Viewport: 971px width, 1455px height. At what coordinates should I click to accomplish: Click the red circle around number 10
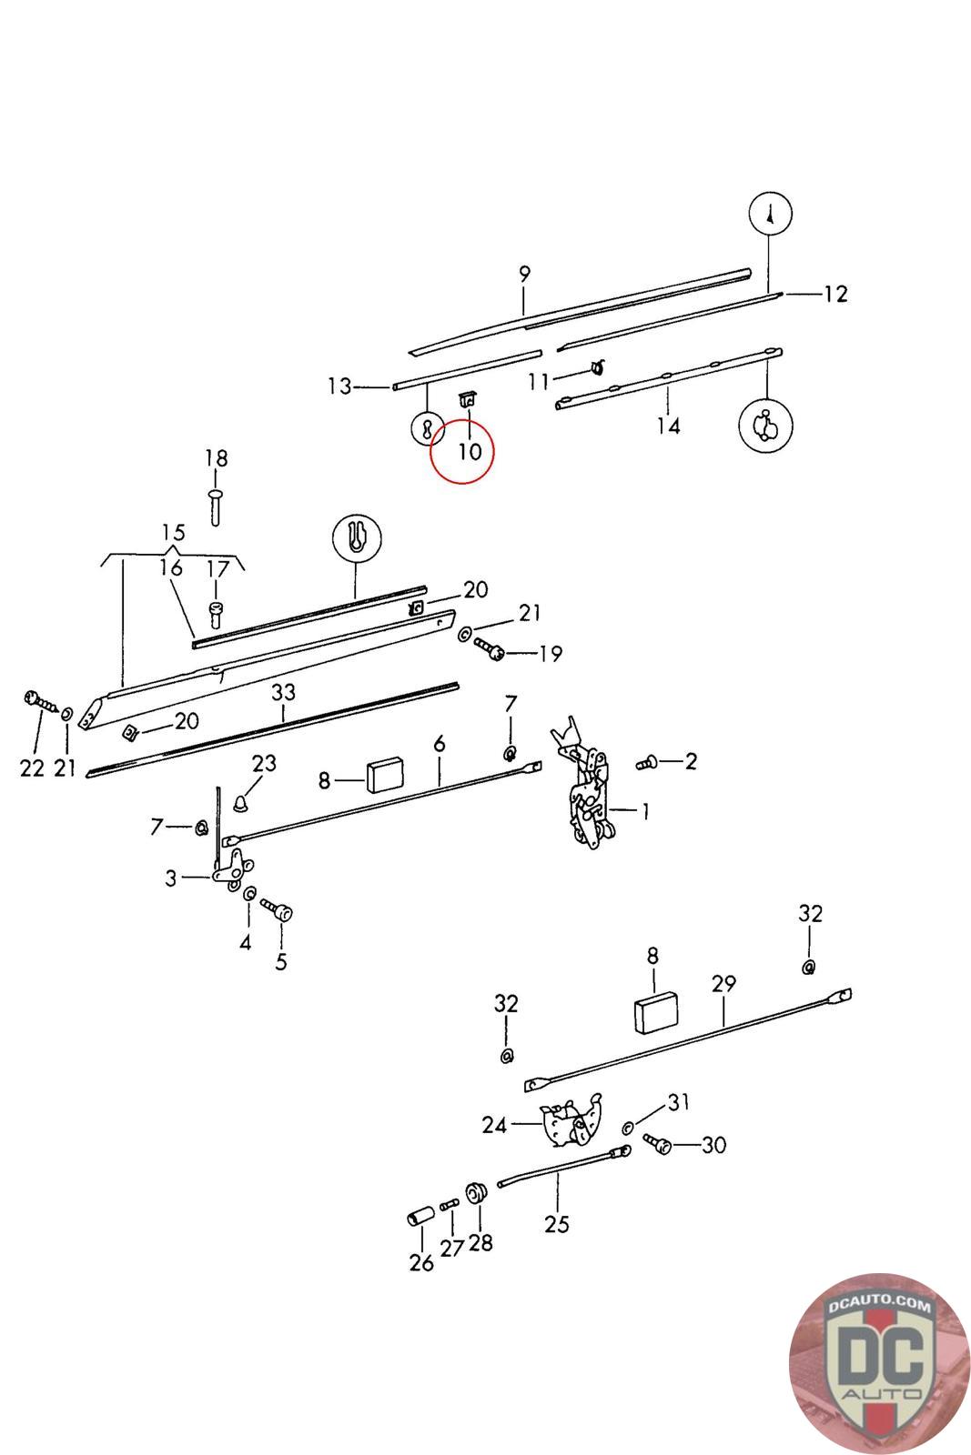click(461, 452)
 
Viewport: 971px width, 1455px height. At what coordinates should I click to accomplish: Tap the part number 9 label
click(524, 274)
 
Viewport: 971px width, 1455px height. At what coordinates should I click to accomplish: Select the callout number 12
click(835, 294)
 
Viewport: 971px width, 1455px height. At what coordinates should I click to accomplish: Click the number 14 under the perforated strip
click(669, 426)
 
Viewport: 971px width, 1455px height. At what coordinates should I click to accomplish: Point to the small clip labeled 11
click(597, 368)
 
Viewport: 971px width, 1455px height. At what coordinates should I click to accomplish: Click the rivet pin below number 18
click(216, 506)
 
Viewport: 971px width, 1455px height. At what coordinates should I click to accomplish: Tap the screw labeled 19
click(491, 648)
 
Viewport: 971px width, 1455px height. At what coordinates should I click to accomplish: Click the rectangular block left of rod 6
click(385, 776)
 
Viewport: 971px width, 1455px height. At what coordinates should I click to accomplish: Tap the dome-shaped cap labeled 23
click(241, 803)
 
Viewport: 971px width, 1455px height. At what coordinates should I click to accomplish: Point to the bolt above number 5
click(278, 909)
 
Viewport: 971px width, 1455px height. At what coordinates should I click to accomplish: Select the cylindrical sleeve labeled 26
click(420, 1217)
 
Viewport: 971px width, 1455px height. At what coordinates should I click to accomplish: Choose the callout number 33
click(283, 693)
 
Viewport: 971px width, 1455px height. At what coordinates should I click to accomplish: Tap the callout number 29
click(723, 984)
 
